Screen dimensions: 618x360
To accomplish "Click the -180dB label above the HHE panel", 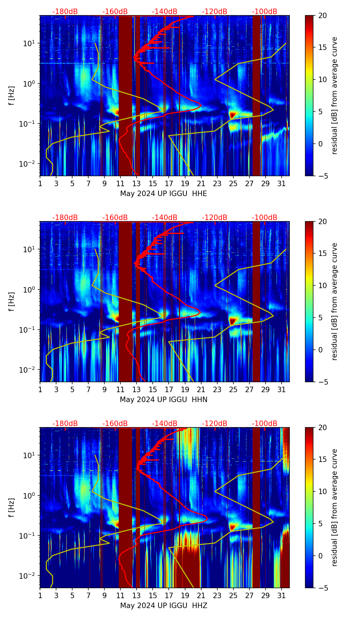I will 65,12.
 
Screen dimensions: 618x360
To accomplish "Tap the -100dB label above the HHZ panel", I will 265,424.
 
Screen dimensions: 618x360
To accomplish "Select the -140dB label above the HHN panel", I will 165,218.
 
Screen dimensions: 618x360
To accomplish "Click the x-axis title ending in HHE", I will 164,194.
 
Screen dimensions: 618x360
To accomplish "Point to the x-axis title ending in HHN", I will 164,400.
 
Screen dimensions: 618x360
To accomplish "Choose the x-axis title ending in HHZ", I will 164,606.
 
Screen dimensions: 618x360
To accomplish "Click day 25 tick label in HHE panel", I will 233,183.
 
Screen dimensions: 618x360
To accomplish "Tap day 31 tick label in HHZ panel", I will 281,595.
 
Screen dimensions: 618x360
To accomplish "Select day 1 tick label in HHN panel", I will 40,389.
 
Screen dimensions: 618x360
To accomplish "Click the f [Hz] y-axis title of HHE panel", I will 12,96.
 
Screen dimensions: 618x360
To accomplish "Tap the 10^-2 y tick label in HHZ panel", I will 28,576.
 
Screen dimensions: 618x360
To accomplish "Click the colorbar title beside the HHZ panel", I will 334,507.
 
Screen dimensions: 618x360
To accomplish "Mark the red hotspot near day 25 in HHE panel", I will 233,115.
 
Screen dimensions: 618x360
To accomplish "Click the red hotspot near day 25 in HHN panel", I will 233,321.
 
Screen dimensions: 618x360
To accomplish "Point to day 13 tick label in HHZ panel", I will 137,595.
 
